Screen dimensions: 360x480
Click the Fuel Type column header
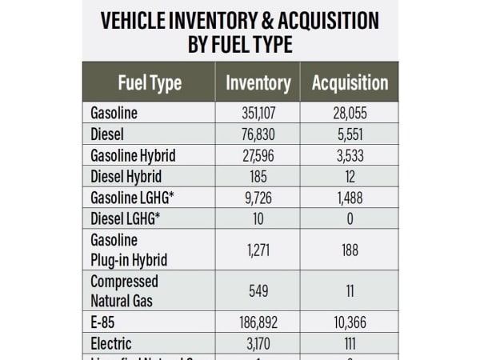point(150,83)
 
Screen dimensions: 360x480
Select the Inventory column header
point(258,83)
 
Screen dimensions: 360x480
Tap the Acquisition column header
point(350,83)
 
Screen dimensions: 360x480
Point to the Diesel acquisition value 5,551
point(350,135)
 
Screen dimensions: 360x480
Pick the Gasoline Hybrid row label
point(133,155)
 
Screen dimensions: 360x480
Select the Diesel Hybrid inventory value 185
point(258,177)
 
